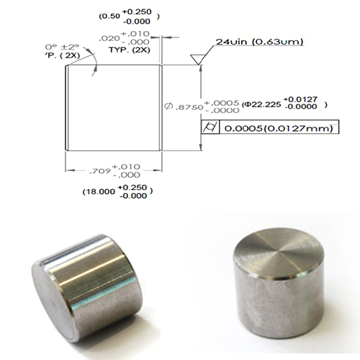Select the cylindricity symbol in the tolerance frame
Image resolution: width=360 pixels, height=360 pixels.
(x=210, y=128)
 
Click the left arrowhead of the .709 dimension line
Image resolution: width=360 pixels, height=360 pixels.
(x=69, y=171)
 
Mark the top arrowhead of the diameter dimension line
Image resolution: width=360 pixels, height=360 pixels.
(x=198, y=67)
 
